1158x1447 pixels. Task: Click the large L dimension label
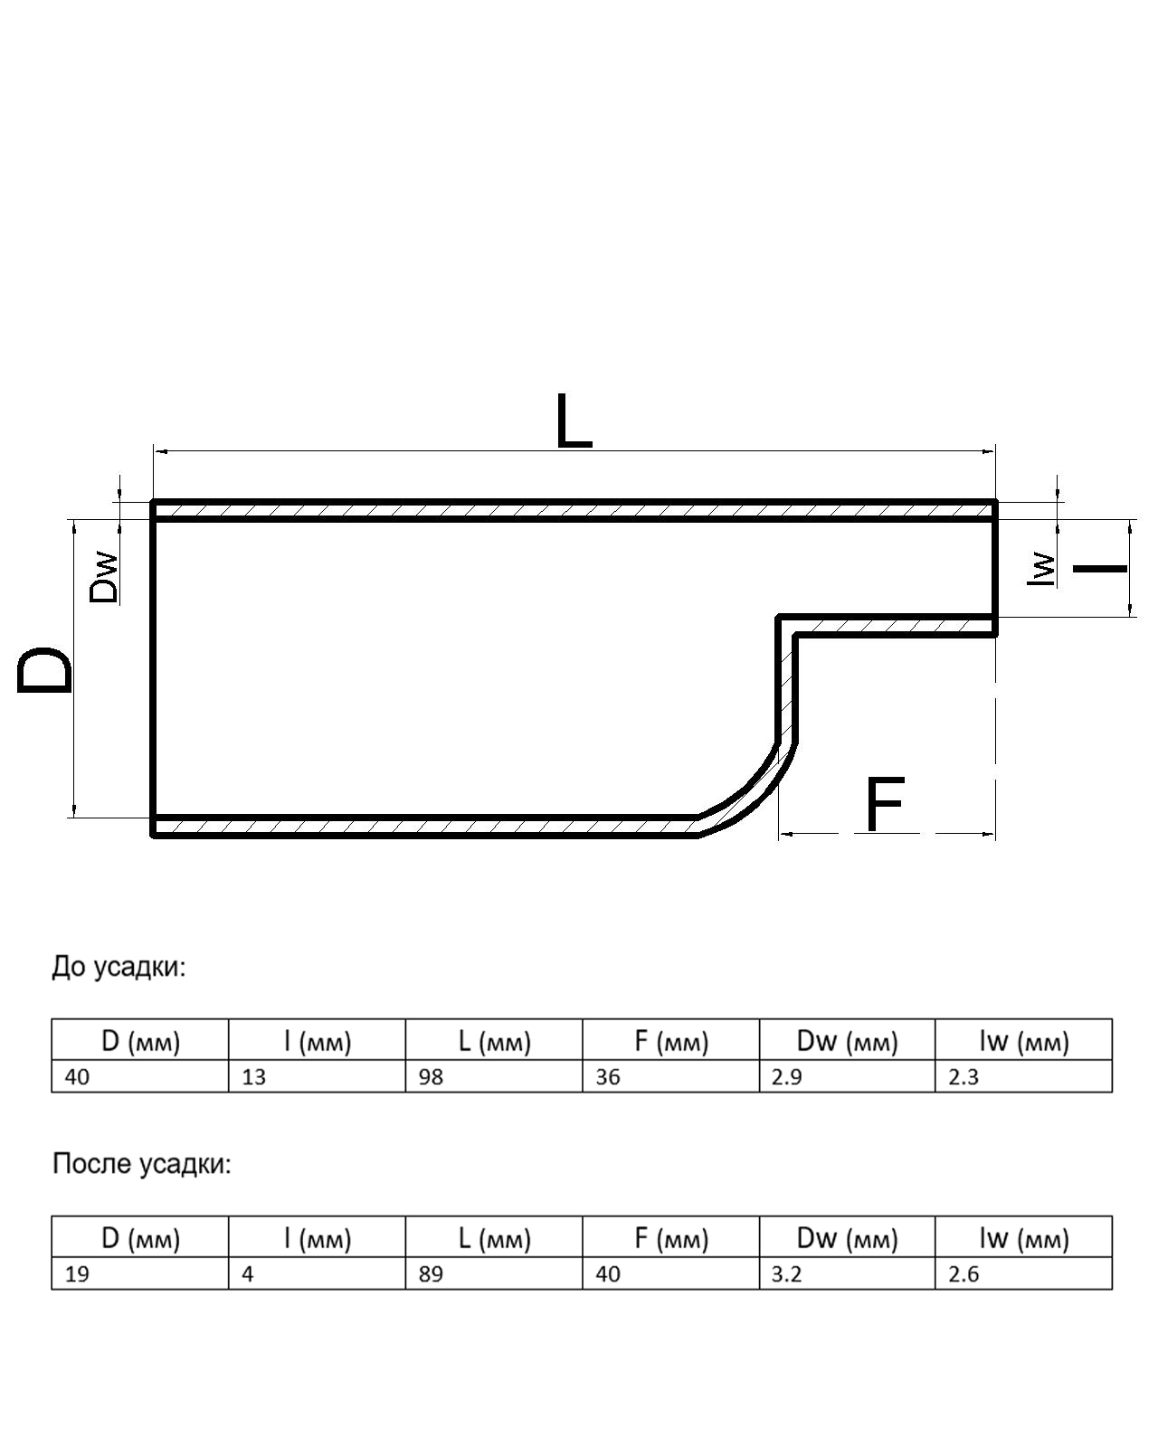click(574, 421)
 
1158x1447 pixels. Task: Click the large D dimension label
click(45, 670)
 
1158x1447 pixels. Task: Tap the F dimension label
click(885, 804)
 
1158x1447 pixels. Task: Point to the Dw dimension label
click(104, 577)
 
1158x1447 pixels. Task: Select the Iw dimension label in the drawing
click(1043, 569)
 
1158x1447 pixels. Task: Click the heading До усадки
click(119, 967)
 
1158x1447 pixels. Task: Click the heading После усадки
click(142, 1164)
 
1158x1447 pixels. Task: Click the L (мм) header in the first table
click(494, 1042)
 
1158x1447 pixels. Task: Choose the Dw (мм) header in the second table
click(847, 1238)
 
